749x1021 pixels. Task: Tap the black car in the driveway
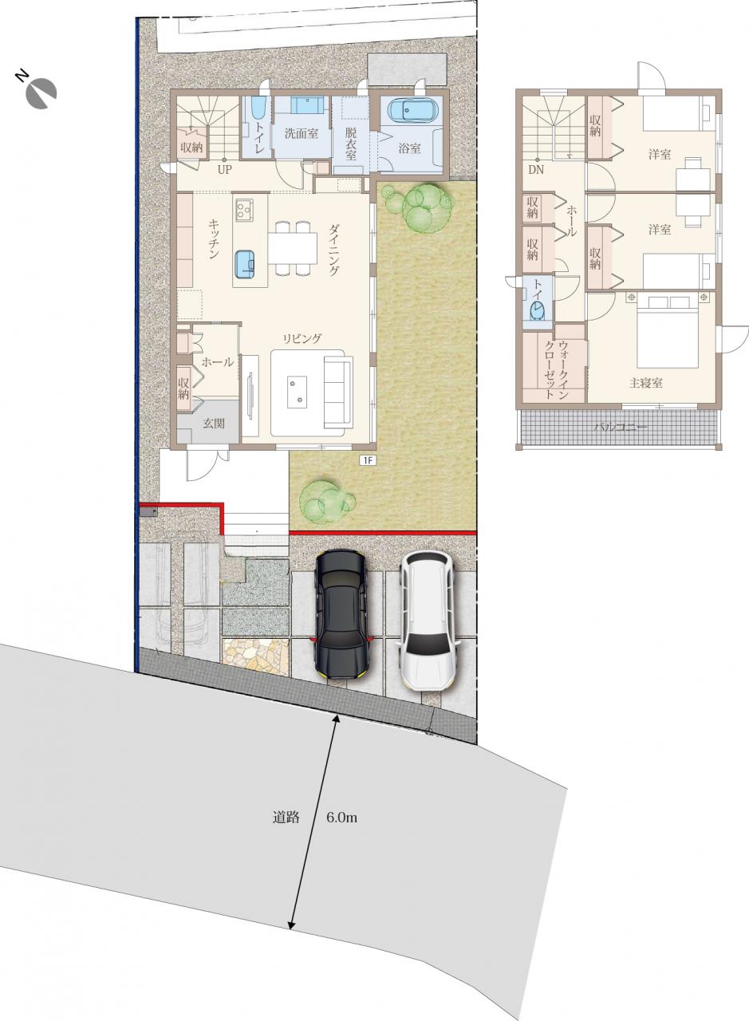(341, 615)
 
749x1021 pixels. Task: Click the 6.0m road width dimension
(341, 818)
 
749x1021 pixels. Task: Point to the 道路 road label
(286, 818)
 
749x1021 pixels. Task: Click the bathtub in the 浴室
(412, 110)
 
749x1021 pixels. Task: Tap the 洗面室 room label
(301, 133)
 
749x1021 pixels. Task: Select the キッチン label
(214, 238)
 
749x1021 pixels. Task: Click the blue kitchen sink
(245, 264)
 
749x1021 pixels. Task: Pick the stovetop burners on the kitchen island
(244, 210)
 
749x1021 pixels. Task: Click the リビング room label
(302, 339)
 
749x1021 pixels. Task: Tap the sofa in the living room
(337, 392)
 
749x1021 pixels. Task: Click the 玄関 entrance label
(214, 424)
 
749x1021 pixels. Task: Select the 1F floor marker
(368, 460)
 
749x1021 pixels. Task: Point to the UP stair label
(225, 170)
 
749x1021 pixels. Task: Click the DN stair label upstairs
(536, 170)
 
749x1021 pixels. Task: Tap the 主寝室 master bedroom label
(645, 384)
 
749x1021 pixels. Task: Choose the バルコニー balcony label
(620, 428)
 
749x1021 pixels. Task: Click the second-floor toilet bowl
(537, 311)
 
